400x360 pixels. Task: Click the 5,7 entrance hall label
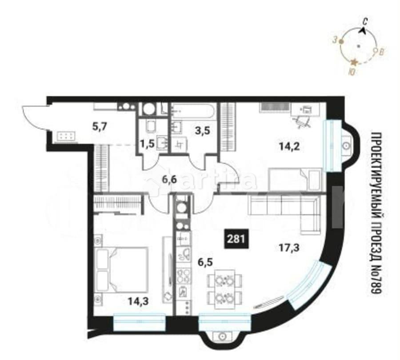click(100, 127)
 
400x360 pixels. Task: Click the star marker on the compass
click(354, 63)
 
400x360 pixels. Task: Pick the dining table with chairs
click(224, 289)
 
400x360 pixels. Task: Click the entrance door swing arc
click(33, 118)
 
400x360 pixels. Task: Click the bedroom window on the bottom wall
click(140, 322)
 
